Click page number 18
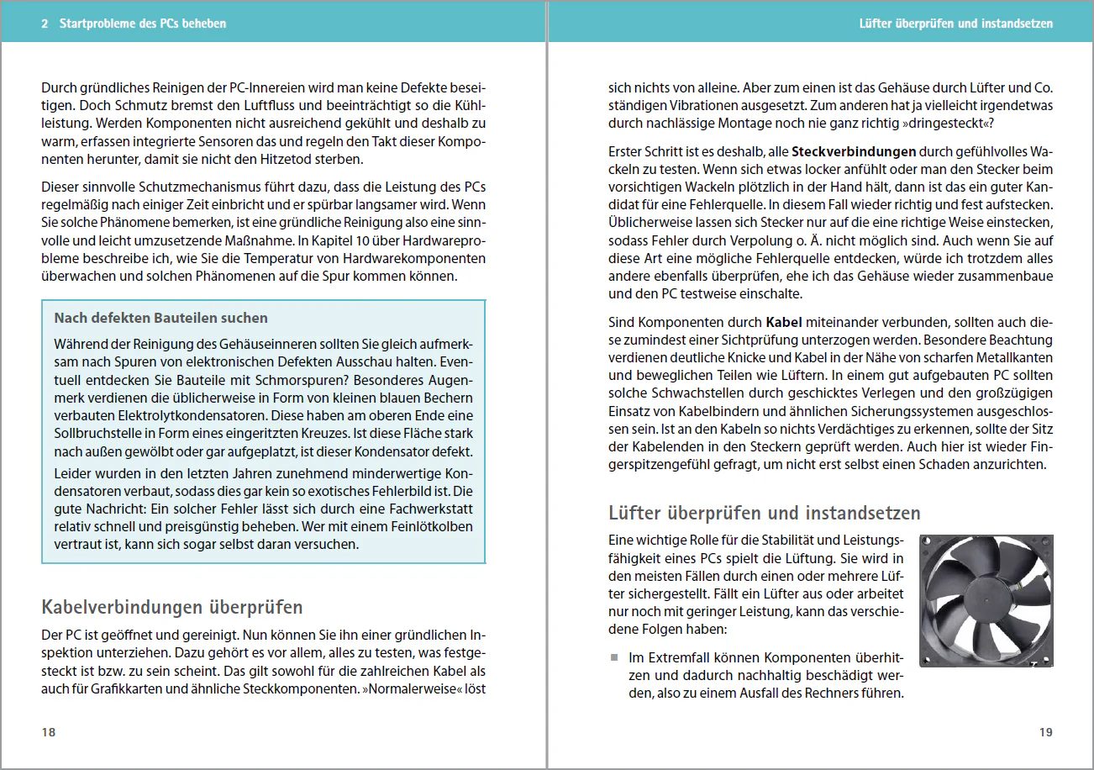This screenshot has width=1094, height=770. point(49,732)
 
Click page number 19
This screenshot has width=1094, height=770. point(1045,732)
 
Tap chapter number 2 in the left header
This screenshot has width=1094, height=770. point(45,24)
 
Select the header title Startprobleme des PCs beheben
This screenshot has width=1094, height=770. point(143,24)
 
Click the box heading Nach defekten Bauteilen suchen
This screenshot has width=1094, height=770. point(160,318)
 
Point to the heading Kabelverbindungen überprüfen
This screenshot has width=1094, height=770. point(172,607)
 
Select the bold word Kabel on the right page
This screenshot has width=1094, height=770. point(783,321)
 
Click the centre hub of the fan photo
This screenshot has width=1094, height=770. point(985,599)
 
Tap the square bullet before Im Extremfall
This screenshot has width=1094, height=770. point(614,657)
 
